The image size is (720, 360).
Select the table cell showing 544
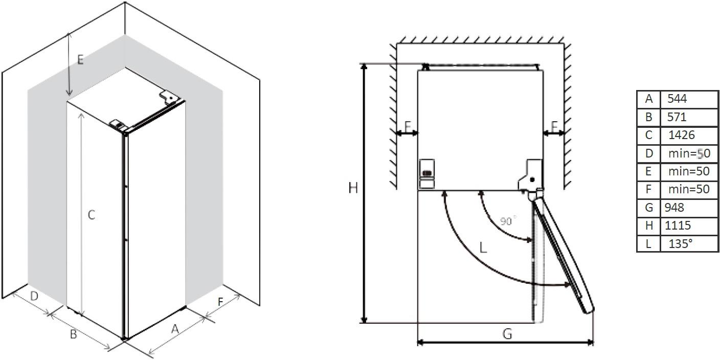pos(678,99)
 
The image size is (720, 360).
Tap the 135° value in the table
pos(681,243)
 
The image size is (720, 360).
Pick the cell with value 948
pos(674,207)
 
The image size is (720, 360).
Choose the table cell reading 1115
pos(678,226)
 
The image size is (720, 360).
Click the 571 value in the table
pos(677,117)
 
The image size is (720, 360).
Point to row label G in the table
pos(648,207)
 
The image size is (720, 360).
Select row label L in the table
pos(648,243)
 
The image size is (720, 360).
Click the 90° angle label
pos(508,221)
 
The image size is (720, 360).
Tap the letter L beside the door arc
pos(483,248)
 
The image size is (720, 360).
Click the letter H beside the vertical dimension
pos(353,188)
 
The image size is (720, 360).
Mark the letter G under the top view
pos(507,334)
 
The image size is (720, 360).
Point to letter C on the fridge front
pos(91,215)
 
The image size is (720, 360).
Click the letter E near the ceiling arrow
pos(80,60)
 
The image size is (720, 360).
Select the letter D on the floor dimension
pos(34,296)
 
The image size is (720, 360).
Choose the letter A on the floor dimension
pos(175,330)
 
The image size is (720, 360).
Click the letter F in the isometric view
pos(220,302)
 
